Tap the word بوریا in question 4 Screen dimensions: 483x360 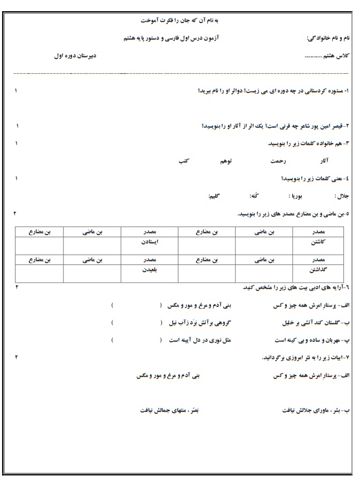click(296, 196)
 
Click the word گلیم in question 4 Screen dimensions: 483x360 click(216, 196)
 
